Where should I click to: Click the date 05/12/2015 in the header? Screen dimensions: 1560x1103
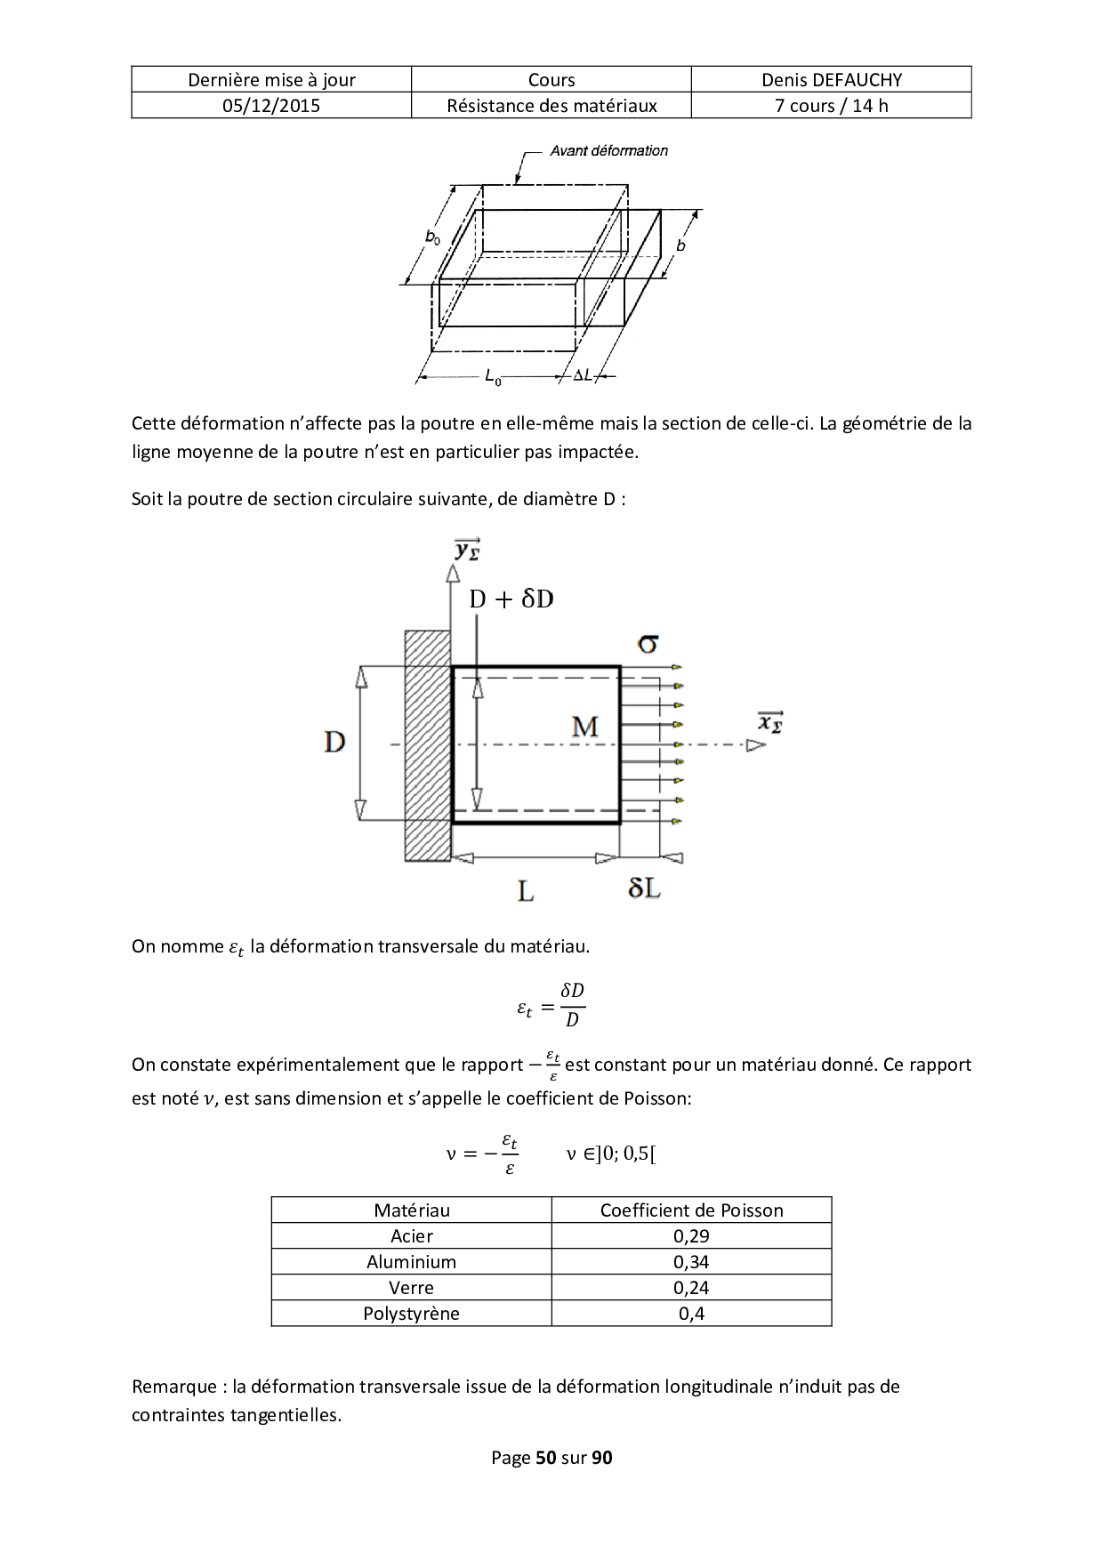coord(271,106)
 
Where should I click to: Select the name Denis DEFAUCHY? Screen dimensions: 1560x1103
coord(831,80)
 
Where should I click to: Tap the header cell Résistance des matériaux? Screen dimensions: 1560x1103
coord(551,106)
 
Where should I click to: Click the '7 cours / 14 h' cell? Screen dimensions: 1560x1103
coord(831,106)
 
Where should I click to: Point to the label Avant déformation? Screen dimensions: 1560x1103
coord(608,151)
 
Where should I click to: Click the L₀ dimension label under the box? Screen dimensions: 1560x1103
coord(493,378)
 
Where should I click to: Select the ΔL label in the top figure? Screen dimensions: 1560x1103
coord(583,376)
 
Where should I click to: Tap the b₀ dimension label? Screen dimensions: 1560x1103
coord(433,237)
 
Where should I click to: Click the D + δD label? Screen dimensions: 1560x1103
coord(511,599)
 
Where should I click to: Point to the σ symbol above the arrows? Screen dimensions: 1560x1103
coord(648,642)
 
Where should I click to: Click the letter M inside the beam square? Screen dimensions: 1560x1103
coord(584,728)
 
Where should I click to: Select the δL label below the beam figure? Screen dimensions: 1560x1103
coord(644,888)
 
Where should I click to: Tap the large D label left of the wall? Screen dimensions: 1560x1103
coord(334,742)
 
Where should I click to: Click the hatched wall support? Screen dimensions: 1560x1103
coord(428,745)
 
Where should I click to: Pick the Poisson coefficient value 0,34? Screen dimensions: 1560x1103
coord(691,1262)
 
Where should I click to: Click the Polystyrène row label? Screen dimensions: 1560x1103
coord(411,1314)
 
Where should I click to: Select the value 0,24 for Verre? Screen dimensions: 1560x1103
coord(691,1288)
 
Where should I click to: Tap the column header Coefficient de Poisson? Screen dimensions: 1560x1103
coord(691,1210)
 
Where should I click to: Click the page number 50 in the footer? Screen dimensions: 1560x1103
coord(545,1458)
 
